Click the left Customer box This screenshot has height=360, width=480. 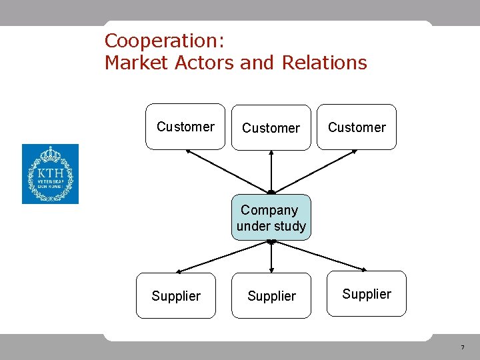(x=185, y=127)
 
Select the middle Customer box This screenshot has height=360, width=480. (x=271, y=127)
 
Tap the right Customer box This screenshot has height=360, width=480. (x=357, y=127)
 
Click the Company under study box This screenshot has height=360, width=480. (x=271, y=218)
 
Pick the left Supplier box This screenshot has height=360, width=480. (x=176, y=296)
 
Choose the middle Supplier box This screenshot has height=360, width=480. (x=271, y=296)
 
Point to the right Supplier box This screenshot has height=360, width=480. (x=367, y=293)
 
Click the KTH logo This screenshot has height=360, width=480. (x=50, y=174)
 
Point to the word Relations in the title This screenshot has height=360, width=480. (x=325, y=63)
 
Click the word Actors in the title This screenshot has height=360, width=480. (x=205, y=63)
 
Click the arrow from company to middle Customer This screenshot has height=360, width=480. (x=271, y=171)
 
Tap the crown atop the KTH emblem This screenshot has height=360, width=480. (x=50, y=154)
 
